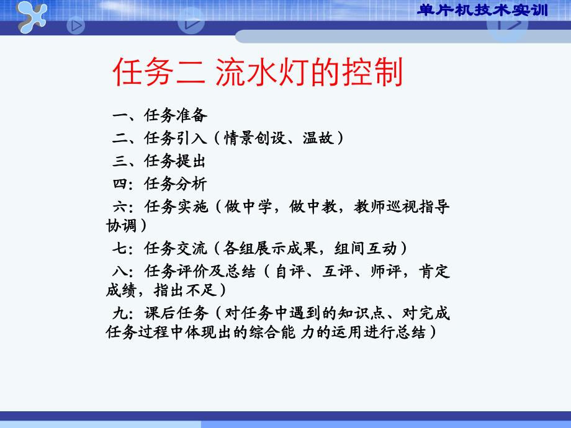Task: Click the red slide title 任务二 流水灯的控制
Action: [x=258, y=72]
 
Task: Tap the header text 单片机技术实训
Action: [x=482, y=10]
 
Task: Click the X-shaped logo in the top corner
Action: [x=32, y=16]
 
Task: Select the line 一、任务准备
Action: [x=160, y=115]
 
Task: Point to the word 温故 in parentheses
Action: [x=318, y=138]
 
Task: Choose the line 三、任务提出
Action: [x=159, y=161]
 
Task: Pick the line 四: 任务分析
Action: [x=160, y=184]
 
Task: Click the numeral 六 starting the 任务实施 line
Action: [x=120, y=207]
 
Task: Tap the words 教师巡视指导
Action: [x=402, y=207]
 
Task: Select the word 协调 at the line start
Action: [x=121, y=226]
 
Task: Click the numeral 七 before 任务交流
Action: [x=119, y=248]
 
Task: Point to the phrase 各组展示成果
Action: [x=270, y=248]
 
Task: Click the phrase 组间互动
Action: [x=365, y=248]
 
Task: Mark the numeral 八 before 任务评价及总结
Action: [x=120, y=271]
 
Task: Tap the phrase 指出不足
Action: [x=186, y=290]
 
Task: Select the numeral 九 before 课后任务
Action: [x=120, y=313]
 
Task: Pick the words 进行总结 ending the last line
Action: [x=394, y=332]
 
